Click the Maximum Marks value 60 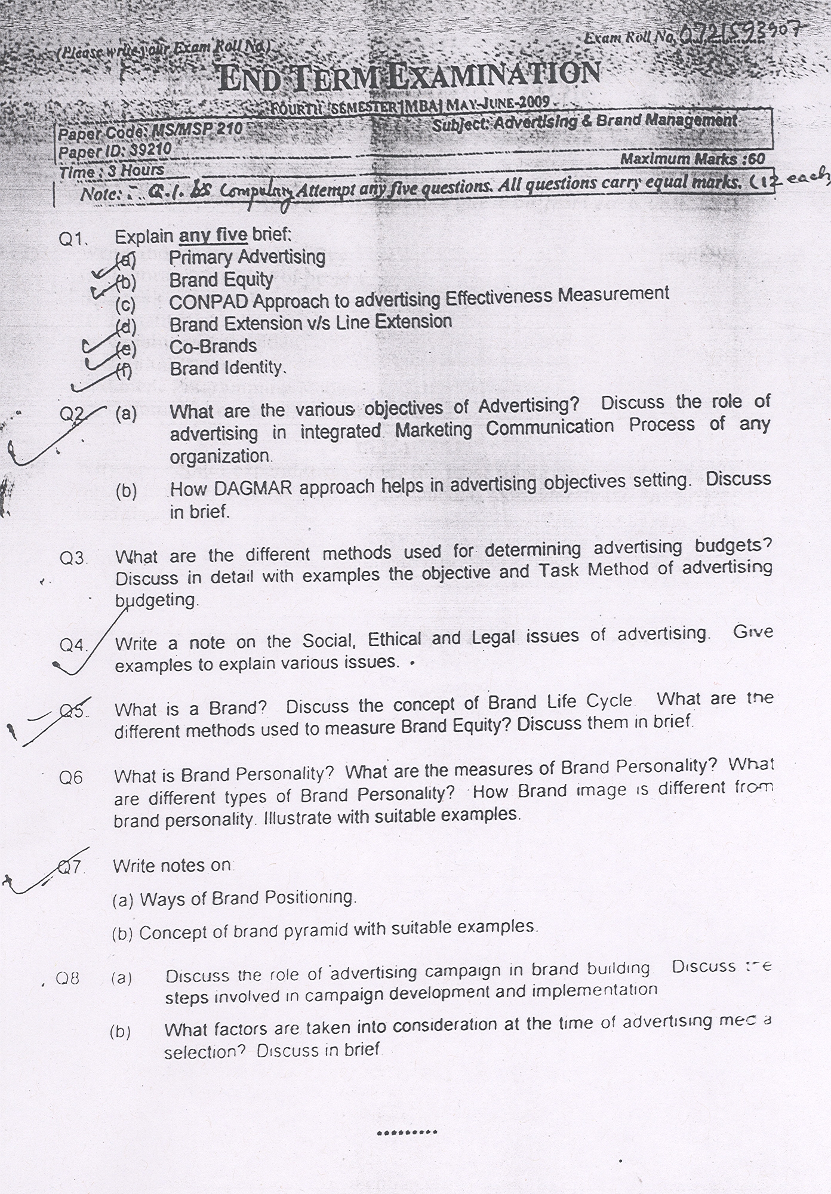pyautogui.click(x=756, y=159)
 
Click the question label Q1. pyautogui.click(x=73, y=239)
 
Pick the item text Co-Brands pyautogui.click(x=213, y=346)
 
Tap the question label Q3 pyautogui.click(x=73, y=559)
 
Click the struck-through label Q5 pyautogui.click(x=74, y=710)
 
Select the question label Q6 pyautogui.click(x=70, y=777)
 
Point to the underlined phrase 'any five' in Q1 pyautogui.click(x=213, y=236)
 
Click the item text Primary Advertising pyautogui.click(x=247, y=258)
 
